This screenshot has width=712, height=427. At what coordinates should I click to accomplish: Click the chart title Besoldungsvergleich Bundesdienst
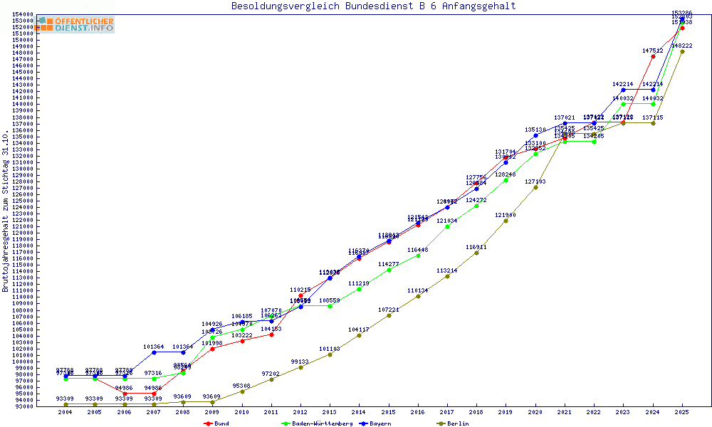(x=373, y=6)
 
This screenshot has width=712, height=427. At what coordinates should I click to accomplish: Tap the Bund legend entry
(x=216, y=423)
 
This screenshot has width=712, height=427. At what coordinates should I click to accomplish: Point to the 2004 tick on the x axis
(x=66, y=412)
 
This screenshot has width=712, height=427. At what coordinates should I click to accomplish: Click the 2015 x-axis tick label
(x=388, y=412)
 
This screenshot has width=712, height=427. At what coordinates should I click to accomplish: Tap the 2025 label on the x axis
(x=682, y=412)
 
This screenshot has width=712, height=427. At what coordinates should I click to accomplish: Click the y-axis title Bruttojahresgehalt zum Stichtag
(x=6, y=211)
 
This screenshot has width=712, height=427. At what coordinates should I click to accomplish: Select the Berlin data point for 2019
(x=506, y=221)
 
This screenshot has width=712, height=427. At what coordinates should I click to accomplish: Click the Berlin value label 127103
(x=535, y=181)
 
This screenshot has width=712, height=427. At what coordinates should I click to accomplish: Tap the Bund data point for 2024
(x=653, y=56)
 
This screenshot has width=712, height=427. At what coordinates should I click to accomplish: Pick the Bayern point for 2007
(x=154, y=352)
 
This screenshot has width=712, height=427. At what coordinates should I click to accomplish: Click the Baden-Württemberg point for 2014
(x=359, y=289)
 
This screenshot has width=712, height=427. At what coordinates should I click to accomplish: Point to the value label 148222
(x=682, y=46)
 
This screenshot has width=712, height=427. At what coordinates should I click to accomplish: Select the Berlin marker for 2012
(x=300, y=367)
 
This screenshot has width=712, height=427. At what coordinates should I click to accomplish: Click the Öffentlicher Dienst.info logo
(x=76, y=24)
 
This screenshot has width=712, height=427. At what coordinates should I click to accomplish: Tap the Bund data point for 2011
(x=271, y=334)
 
